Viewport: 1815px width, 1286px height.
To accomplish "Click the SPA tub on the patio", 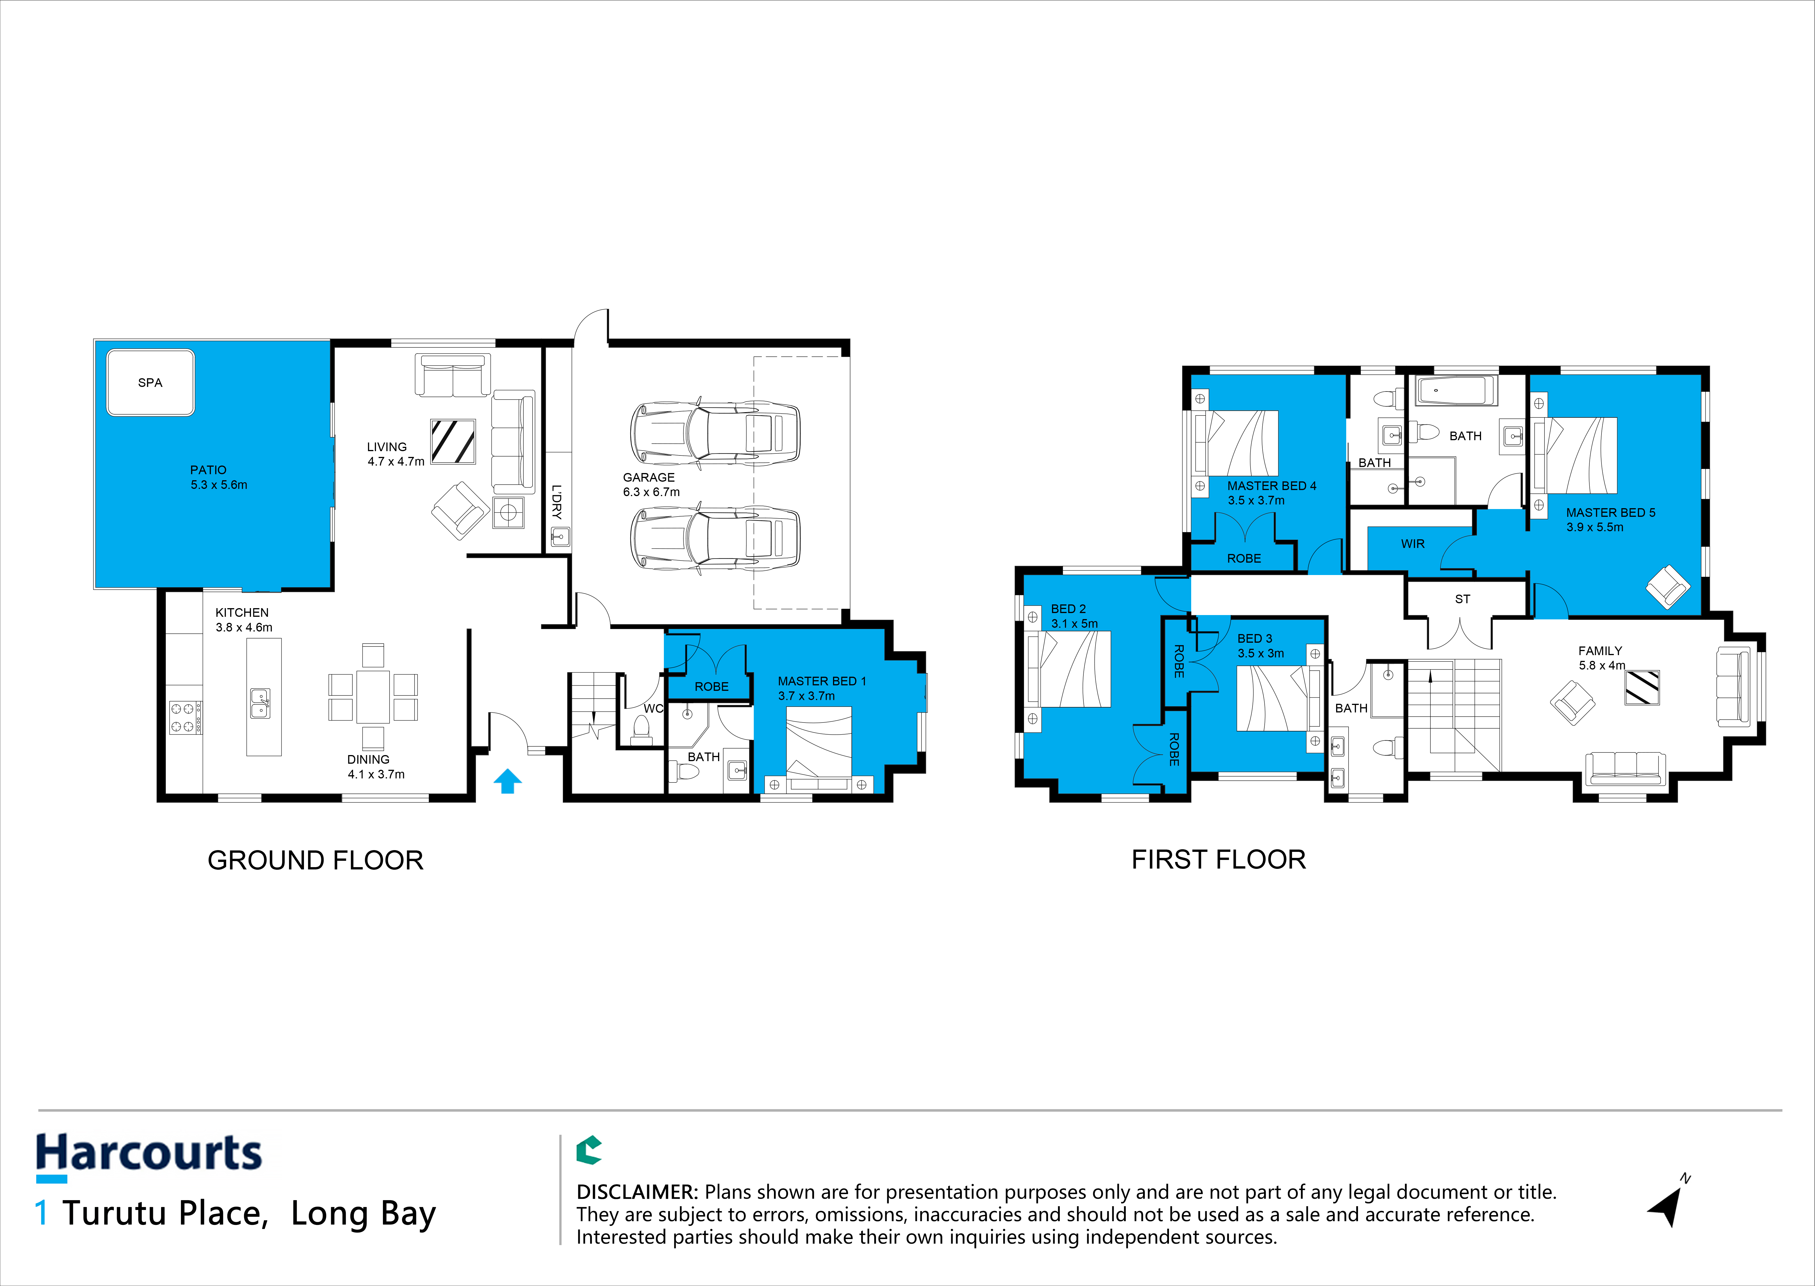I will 150,383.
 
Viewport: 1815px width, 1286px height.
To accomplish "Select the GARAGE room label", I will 649,478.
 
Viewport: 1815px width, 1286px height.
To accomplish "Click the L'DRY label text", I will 557,501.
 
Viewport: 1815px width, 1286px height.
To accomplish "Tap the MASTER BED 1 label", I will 821,681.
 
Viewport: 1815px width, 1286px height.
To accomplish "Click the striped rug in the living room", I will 453,441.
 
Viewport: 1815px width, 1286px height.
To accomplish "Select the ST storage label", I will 1462,599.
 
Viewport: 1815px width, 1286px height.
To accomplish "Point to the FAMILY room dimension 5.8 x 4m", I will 1601,665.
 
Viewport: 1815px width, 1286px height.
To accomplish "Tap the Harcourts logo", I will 149,1155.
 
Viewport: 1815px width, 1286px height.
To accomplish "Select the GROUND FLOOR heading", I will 315,861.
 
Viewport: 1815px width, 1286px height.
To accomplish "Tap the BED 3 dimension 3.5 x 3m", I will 1261,653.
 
